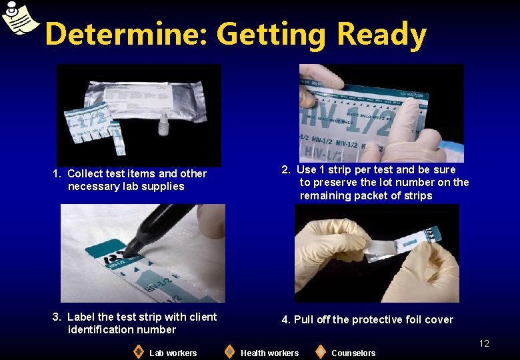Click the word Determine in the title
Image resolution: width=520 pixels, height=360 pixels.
coord(125,34)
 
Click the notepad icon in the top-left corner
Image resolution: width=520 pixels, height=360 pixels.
coord(19,18)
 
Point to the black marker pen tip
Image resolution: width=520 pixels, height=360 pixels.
coord(127,252)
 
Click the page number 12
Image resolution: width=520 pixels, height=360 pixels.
coord(484,343)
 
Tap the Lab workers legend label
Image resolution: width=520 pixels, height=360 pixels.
coord(173,353)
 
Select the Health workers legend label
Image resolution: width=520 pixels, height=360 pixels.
coord(269,353)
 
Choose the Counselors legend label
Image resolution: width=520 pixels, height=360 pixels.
coord(353,353)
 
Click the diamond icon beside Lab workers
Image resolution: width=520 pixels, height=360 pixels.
coord(138,351)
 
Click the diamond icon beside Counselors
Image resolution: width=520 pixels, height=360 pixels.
coord(320,351)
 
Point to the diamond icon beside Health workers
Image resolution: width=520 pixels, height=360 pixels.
coord(229,351)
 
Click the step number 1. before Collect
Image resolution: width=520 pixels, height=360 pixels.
coord(57,173)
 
